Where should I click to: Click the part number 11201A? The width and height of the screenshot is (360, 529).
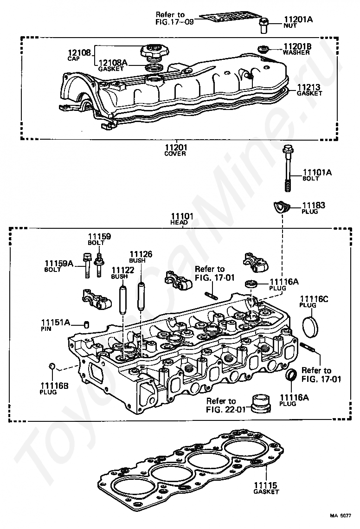pyautogui.click(x=298, y=19)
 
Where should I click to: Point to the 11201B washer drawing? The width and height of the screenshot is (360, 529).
pyautogui.click(x=263, y=49)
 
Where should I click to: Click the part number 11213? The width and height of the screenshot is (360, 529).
pyautogui.click(x=309, y=87)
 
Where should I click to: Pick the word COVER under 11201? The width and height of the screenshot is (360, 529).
pyautogui.click(x=175, y=154)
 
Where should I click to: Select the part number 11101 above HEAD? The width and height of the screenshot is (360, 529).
pyautogui.click(x=182, y=216)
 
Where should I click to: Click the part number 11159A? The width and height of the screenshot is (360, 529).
pyautogui.click(x=59, y=263)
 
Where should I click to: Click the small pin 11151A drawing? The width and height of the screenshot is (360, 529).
pyautogui.click(x=86, y=325)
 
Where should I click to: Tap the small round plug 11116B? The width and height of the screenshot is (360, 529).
pyautogui.click(x=52, y=367)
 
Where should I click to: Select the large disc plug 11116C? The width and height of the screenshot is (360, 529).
pyautogui.click(x=310, y=326)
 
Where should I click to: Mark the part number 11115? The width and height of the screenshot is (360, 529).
pyautogui.click(x=265, y=485)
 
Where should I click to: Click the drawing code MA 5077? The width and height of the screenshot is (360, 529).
pyautogui.click(x=341, y=516)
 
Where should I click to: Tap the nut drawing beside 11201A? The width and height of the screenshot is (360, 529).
pyautogui.click(x=264, y=26)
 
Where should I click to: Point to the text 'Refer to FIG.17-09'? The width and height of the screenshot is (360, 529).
pyautogui.click(x=170, y=19)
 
